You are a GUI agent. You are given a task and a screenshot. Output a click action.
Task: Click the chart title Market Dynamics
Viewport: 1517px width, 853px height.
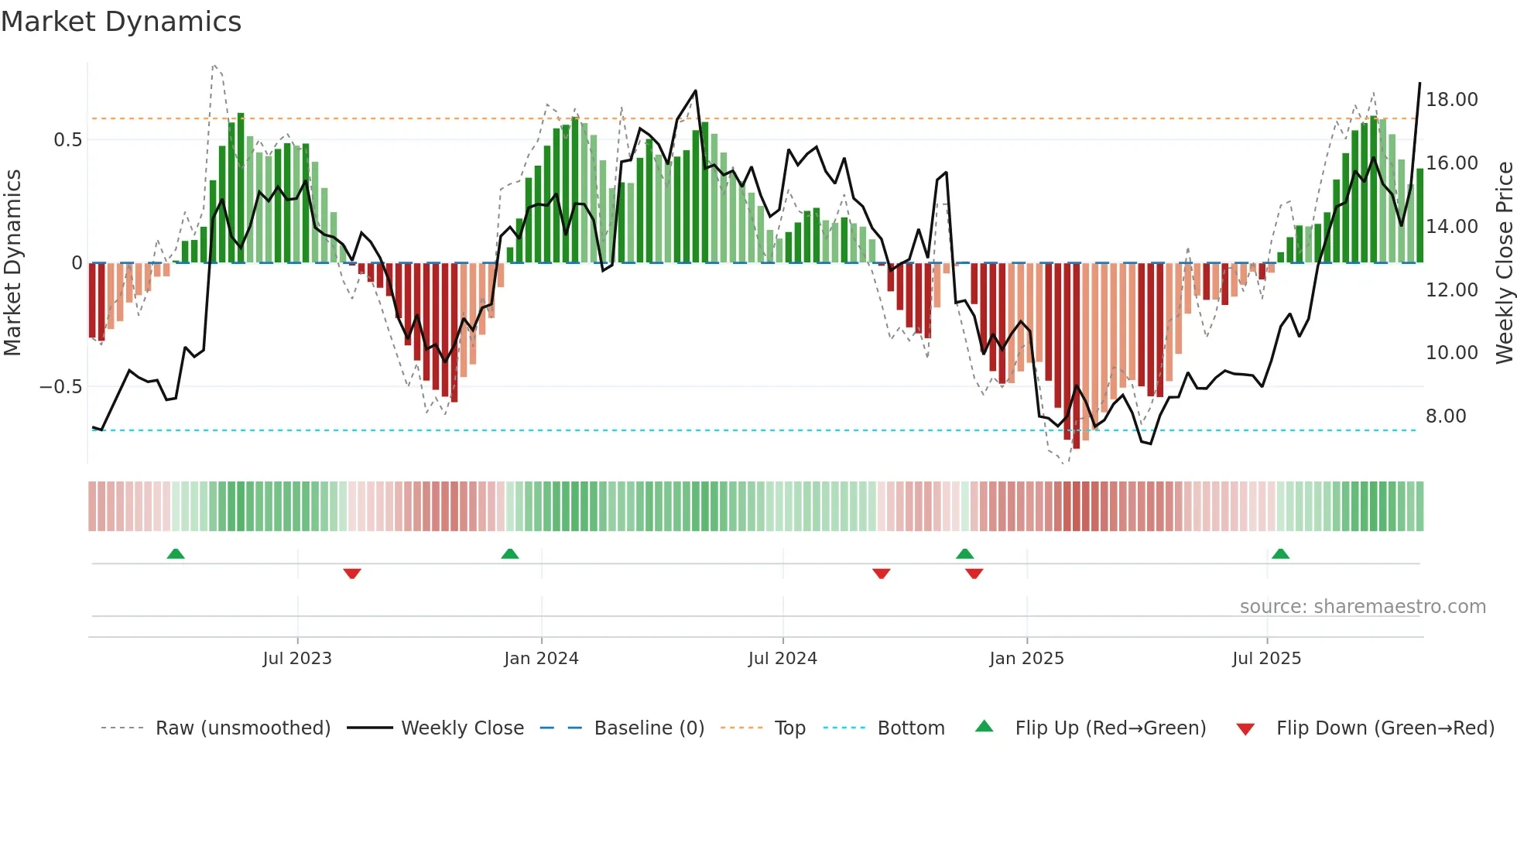click(x=121, y=22)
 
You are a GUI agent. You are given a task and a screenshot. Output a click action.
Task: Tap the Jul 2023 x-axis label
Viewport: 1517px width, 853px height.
click(x=297, y=658)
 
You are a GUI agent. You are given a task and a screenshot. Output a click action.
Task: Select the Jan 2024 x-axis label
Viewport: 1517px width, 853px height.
click(x=541, y=658)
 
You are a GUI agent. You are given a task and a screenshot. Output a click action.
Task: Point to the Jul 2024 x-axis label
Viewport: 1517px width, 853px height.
click(x=782, y=658)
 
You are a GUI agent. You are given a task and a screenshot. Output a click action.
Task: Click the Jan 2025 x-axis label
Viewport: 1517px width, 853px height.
click(x=1026, y=658)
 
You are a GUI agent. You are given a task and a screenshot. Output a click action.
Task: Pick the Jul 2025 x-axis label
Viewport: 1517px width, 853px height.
click(x=1266, y=658)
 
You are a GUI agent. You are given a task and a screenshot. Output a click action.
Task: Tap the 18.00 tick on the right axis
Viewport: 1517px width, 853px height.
click(x=1451, y=100)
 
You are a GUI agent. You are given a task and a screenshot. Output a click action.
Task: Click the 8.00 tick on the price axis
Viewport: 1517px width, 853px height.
click(x=1446, y=416)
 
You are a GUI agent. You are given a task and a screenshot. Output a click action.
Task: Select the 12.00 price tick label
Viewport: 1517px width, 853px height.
click(x=1451, y=289)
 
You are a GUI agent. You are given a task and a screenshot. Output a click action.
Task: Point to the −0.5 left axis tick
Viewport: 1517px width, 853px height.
click(x=60, y=386)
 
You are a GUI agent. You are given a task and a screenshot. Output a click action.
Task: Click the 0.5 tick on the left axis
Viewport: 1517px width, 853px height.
click(x=67, y=140)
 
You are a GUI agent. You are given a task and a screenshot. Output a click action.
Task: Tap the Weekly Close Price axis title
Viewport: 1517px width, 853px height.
click(x=1504, y=262)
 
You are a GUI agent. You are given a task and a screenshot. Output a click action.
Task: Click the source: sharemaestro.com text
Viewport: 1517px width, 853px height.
click(x=1362, y=606)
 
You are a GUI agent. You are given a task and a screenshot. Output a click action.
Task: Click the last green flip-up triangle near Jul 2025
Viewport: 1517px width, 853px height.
click(x=1280, y=553)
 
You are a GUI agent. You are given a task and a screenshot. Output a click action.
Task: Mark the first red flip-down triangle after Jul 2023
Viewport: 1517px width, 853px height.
click(x=352, y=574)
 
